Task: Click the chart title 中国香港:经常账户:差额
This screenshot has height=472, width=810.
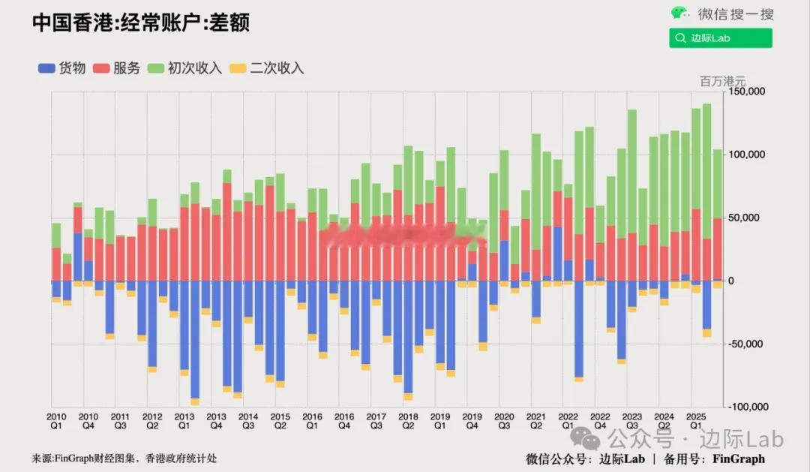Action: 140,23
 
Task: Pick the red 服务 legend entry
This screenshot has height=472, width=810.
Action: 117,68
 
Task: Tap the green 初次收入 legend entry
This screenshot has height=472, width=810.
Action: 185,68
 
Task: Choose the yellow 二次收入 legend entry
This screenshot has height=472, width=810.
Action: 267,68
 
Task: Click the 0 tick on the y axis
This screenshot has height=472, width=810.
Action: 732,281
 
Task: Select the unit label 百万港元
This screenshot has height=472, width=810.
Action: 722,81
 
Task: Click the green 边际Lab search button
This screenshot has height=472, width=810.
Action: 720,38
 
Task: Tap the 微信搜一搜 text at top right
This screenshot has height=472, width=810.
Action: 736,14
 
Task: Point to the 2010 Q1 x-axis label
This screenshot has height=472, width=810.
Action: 56,420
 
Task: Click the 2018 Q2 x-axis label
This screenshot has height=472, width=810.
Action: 408,420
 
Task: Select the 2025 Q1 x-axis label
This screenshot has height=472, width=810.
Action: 695,420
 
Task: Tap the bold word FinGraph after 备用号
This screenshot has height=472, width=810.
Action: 738,458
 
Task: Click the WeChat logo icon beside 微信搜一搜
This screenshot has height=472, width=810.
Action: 680,13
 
